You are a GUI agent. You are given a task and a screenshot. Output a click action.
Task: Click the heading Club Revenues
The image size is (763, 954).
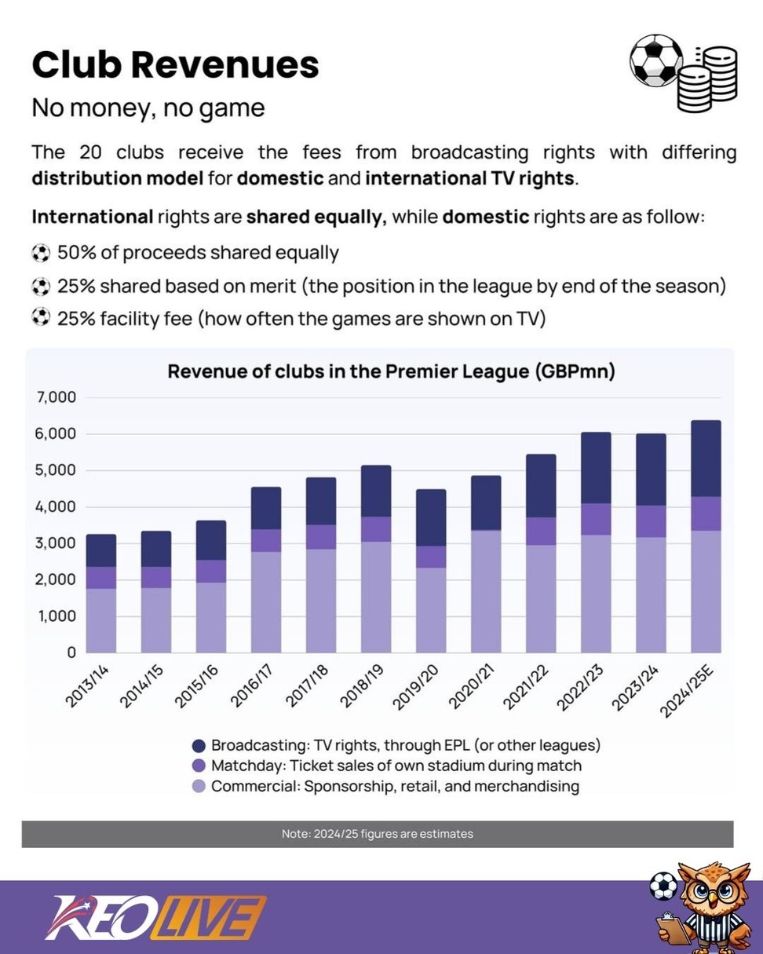(x=175, y=64)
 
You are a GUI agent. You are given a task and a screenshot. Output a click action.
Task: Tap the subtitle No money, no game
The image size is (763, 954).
(x=148, y=108)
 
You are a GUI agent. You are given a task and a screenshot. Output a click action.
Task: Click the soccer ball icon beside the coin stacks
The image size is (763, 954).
(x=656, y=60)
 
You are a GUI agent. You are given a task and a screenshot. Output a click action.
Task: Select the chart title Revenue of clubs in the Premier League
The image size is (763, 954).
(x=391, y=371)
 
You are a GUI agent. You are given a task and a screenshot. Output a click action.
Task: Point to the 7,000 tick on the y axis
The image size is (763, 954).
(x=56, y=397)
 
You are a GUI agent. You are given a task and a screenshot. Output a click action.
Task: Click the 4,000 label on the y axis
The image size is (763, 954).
(x=56, y=507)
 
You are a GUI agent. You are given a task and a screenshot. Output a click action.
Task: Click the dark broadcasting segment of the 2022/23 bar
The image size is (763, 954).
(x=596, y=468)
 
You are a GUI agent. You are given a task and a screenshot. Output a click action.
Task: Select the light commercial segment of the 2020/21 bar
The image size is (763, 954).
(x=486, y=590)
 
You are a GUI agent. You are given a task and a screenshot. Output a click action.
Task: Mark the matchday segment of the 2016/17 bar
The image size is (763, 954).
(x=266, y=540)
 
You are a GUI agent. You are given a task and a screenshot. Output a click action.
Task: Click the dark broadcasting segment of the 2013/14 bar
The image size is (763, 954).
(x=101, y=550)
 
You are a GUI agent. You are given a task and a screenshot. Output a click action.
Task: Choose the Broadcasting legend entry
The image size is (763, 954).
(x=396, y=745)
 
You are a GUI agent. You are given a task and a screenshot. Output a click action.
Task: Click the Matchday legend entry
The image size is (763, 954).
(x=386, y=766)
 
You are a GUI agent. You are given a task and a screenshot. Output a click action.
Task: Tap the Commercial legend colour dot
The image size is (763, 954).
(x=199, y=786)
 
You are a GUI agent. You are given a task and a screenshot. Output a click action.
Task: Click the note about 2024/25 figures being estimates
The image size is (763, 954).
(x=378, y=834)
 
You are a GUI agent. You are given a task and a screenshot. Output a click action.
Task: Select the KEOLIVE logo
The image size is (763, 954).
(x=155, y=917)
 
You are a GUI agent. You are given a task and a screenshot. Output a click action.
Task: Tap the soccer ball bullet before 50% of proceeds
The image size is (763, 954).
(x=40, y=253)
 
